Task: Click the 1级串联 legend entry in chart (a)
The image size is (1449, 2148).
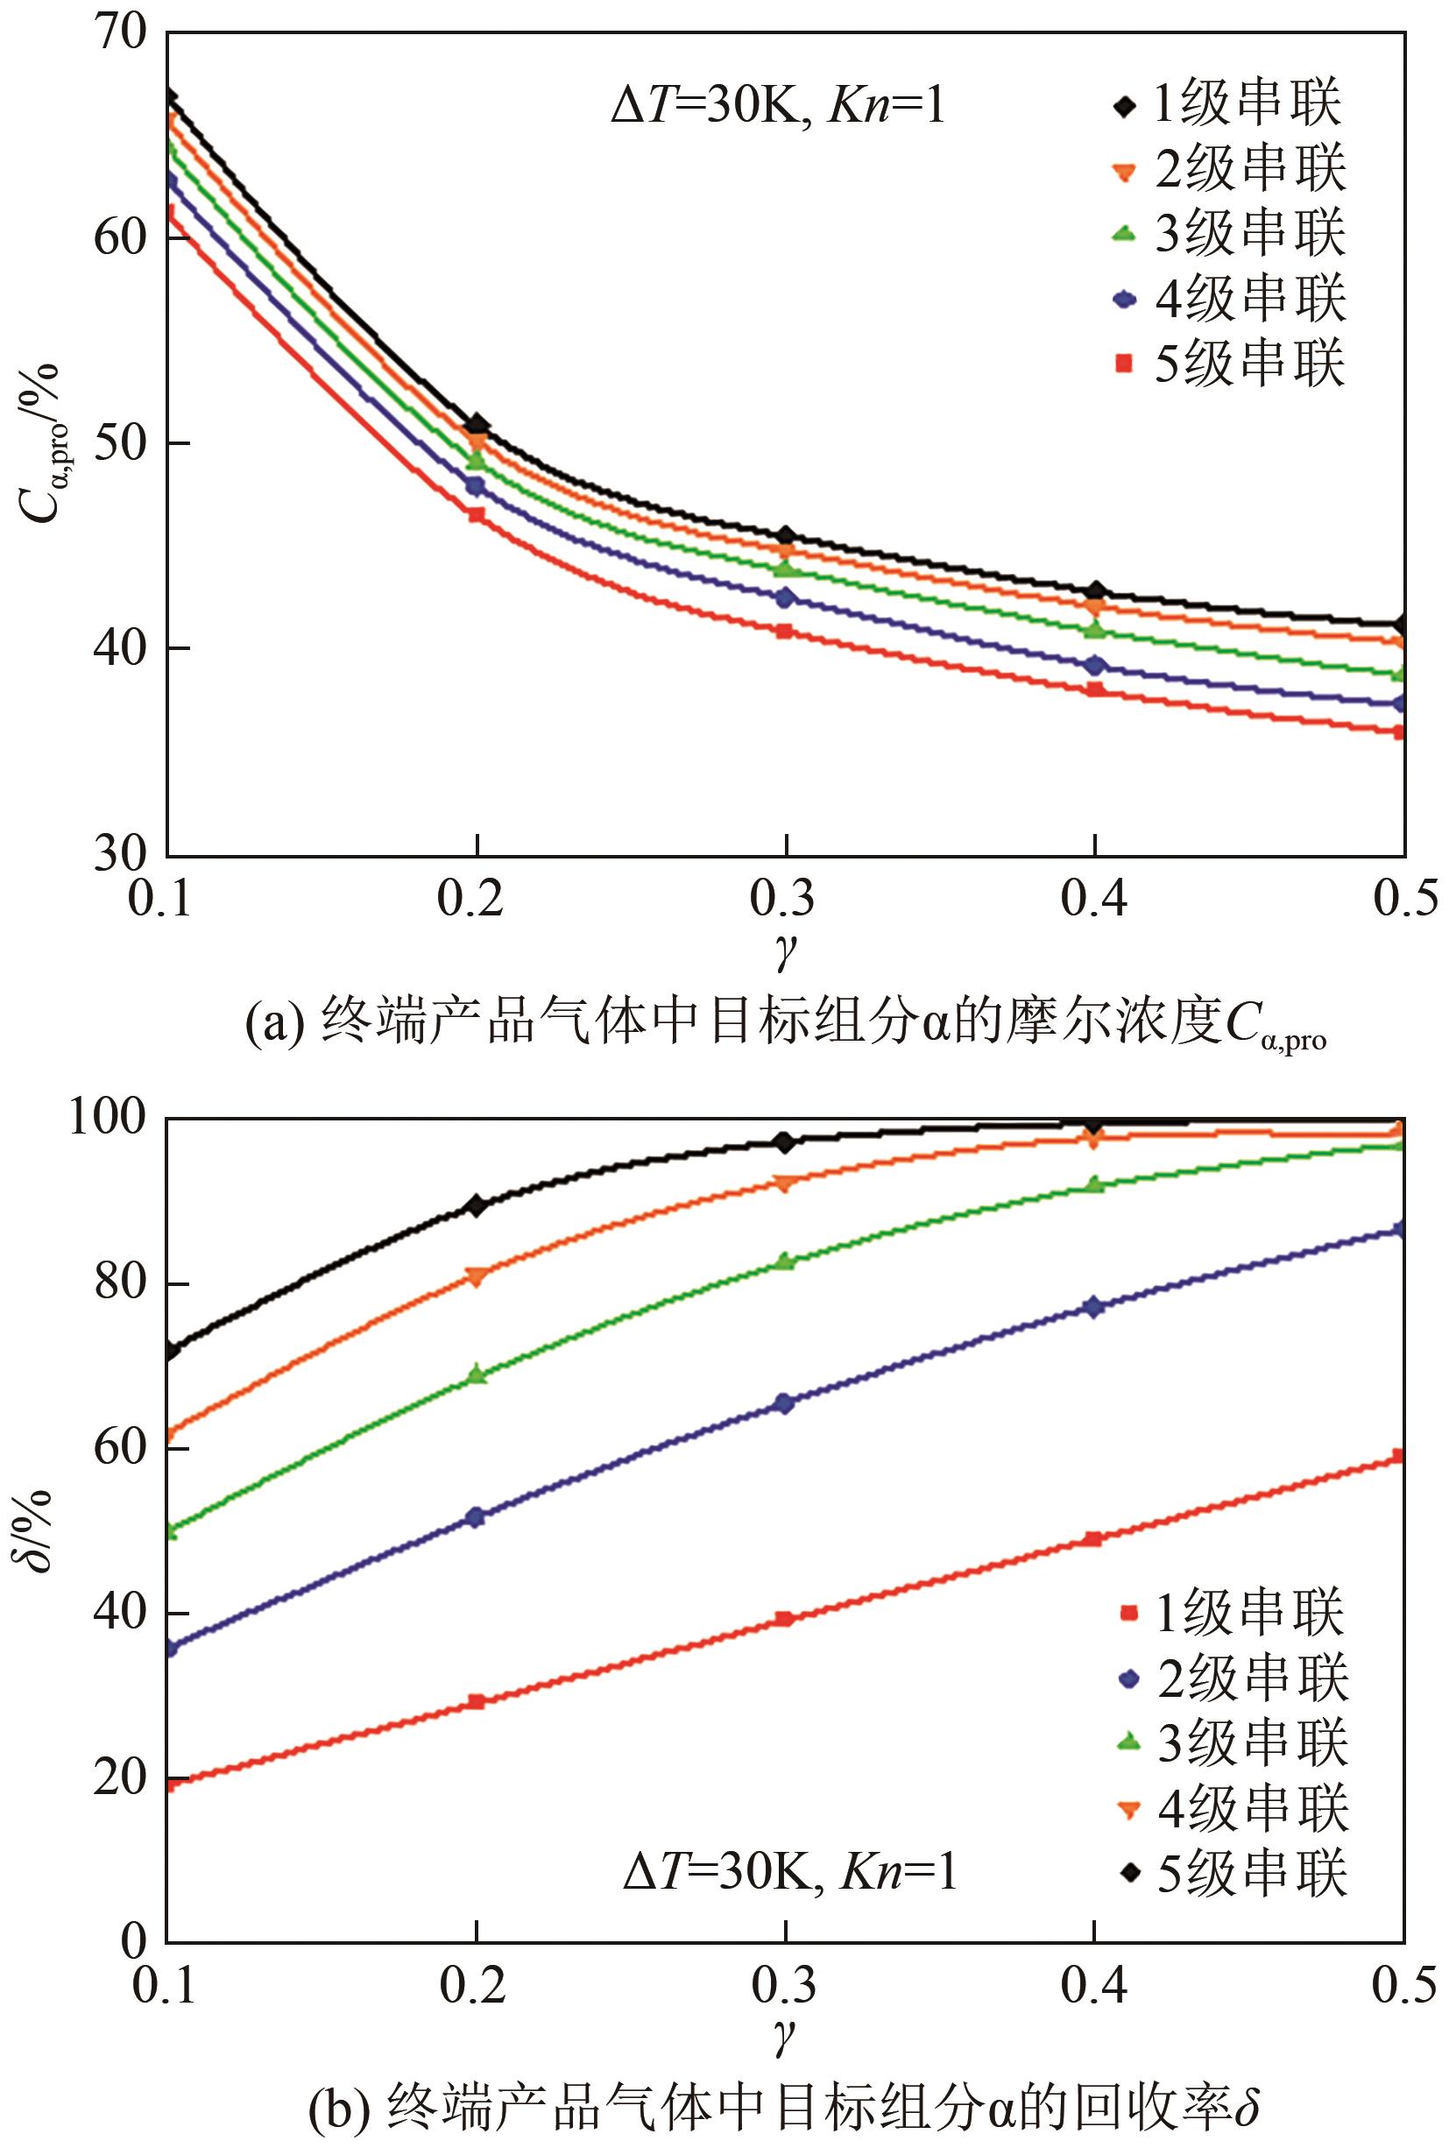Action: (x=1229, y=103)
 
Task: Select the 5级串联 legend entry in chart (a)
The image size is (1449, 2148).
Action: (x=1229, y=363)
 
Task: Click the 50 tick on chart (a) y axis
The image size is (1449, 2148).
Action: (x=120, y=443)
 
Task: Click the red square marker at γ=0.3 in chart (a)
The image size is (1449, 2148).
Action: (x=785, y=631)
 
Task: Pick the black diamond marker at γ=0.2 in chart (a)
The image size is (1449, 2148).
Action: (x=477, y=425)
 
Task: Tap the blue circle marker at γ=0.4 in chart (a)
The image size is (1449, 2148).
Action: (x=1095, y=665)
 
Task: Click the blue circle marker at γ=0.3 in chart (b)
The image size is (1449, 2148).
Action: (x=784, y=1403)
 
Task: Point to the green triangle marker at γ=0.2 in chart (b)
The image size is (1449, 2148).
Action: (x=476, y=1374)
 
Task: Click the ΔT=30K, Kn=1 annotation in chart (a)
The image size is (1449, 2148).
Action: (x=778, y=107)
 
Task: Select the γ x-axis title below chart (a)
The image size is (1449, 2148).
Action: (x=785, y=950)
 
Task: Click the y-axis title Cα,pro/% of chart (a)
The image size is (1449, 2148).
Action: (x=39, y=443)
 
